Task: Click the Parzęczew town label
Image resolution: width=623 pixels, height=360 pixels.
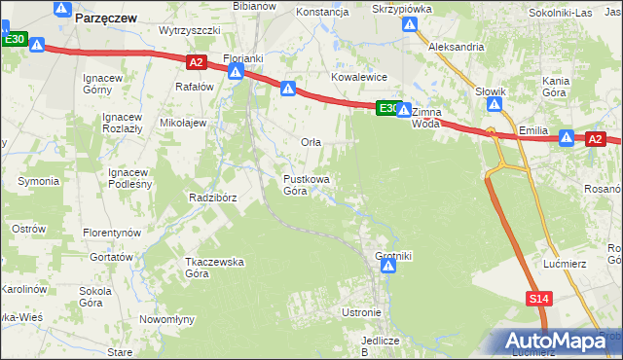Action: pos(104,17)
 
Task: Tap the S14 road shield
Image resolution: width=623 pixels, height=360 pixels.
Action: pos(540,300)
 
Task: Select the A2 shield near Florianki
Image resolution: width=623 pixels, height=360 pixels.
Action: pos(196,62)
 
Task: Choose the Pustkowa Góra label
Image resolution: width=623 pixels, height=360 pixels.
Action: pos(306,185)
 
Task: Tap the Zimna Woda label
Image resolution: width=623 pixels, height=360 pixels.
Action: pos(426,118)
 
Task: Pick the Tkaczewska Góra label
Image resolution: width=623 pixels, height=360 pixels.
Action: pos(214,268)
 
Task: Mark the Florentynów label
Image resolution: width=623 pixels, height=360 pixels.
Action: pos(112,234)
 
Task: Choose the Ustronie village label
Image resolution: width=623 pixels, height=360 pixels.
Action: pos(361,312)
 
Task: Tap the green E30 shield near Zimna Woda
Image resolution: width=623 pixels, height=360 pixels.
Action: pos(387,108)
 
